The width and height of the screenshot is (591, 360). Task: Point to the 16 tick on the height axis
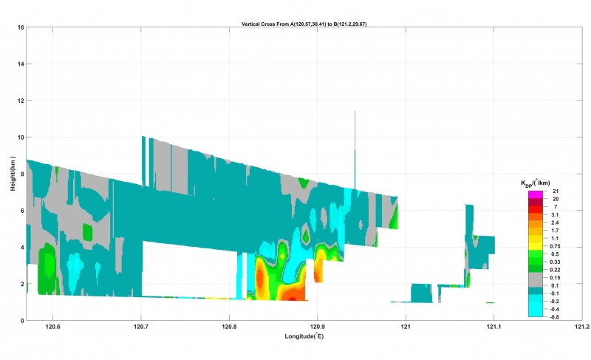(21, 27)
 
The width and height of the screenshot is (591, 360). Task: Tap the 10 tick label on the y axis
(21, 137)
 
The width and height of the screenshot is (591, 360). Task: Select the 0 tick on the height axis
(23, 321)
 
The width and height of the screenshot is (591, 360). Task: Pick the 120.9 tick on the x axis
(318, 327)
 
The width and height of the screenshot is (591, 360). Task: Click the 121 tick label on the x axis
(406, 327)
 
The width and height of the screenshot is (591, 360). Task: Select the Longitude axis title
(304, 336)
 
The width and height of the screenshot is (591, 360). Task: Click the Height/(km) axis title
(14, 174)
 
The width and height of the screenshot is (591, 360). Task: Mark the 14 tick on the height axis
(21, 64)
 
